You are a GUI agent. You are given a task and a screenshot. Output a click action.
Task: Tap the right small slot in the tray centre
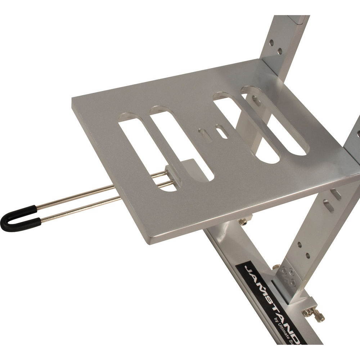coord(221,131)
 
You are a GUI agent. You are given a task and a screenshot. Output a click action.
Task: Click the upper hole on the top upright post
coord(271,42)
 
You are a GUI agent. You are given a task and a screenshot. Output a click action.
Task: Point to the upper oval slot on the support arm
coord(336,194)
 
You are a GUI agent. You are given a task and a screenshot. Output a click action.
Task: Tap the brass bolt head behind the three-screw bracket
coord(276,267)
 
